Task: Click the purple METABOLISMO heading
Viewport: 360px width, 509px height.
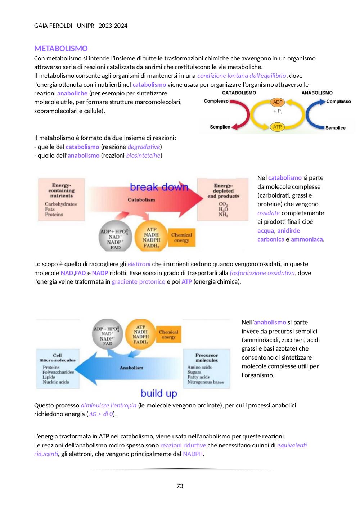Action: tap(61, 48)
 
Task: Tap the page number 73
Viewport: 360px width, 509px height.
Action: tap(180, 486)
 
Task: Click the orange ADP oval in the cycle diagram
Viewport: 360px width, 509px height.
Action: tap(277, 102)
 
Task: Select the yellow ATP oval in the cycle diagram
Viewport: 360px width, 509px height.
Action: tap(277, 127)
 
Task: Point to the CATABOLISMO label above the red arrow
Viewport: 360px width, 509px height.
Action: tap(239, 93)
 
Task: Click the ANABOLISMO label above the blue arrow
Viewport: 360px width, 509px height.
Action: tap(317, 93)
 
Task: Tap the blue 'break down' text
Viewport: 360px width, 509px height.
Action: tap(159, 187)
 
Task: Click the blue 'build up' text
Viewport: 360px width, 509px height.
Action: tap(159, 393)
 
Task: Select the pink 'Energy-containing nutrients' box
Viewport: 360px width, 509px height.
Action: tap(61, 199)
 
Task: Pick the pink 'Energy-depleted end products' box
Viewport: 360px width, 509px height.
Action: tap(223, 199)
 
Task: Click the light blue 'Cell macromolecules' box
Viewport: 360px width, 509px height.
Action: tap(58, 369)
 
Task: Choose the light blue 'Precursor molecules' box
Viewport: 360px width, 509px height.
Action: tap(206, 369)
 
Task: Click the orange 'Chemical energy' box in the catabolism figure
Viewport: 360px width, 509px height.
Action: tap(181, 238)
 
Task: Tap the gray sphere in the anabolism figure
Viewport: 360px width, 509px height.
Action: tap(108, 334)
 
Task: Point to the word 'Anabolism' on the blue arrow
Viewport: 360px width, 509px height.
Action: tap(131, 368)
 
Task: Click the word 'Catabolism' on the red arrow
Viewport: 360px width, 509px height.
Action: tap(141, 200)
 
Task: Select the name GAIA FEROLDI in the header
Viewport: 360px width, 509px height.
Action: tap(53, 26)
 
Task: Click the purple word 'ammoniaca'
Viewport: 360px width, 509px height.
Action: tap(307, 239)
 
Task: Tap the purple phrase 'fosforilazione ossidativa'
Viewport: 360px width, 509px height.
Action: tap(262, 273)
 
